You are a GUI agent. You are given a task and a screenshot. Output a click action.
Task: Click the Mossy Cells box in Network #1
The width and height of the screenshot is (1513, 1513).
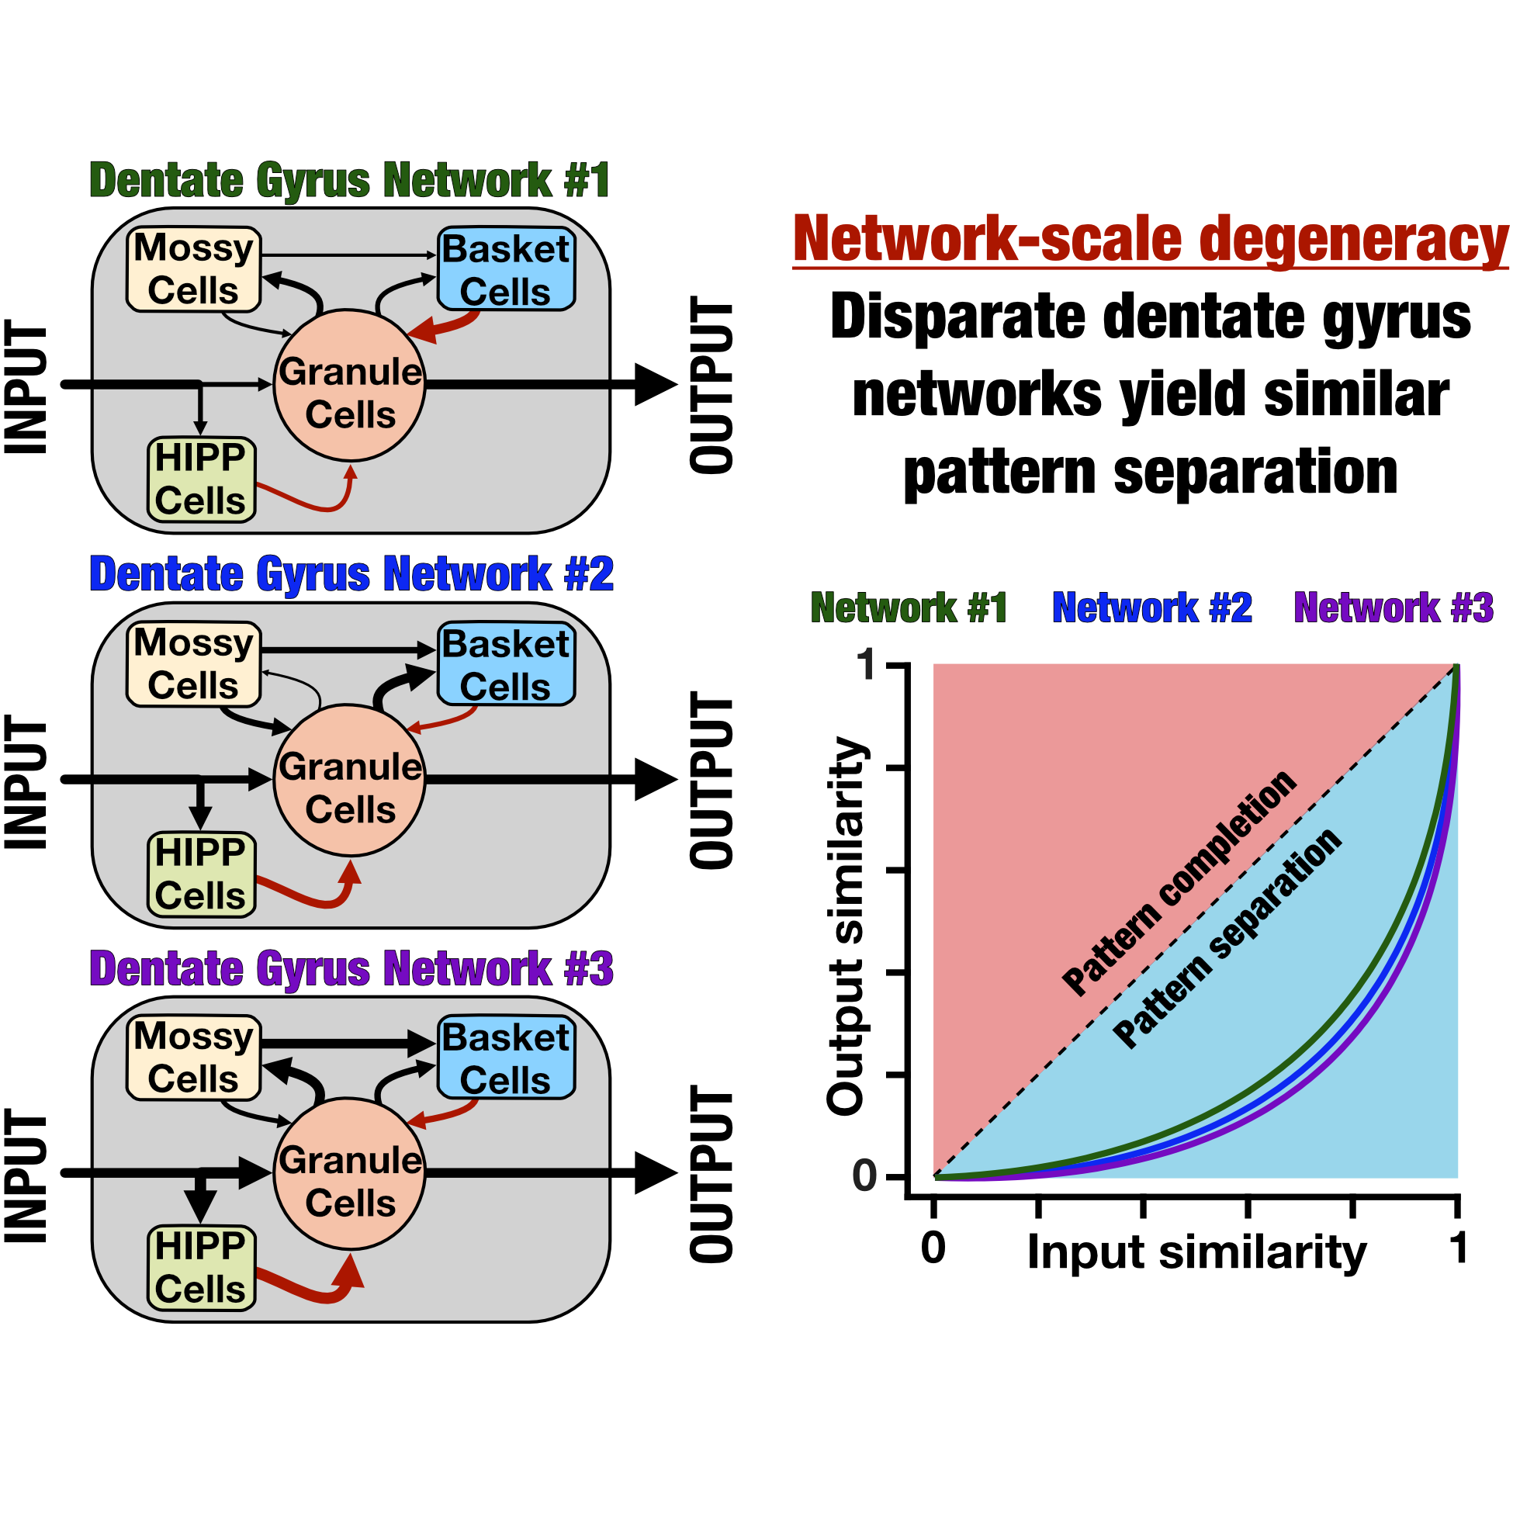[x=193, y=269]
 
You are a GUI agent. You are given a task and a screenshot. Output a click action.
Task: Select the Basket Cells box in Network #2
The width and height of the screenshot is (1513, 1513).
[x=506, y=665]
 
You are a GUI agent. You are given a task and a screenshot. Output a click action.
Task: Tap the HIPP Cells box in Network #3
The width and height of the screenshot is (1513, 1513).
[x=201, y=1268]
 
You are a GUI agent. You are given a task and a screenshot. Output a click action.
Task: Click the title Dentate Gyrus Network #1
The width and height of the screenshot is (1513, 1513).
[x=350, y=181]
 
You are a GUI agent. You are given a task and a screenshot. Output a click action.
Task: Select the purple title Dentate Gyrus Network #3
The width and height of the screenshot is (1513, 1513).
[x=351, y=969]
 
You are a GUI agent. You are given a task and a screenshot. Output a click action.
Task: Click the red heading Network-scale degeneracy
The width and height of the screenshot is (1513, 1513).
[x=1150, y=239]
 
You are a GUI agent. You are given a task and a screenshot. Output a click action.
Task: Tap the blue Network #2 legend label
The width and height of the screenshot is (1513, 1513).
[x=1152, y=608]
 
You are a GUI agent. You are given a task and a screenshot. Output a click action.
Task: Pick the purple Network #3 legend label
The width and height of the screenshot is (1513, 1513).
[x=1394, y=608]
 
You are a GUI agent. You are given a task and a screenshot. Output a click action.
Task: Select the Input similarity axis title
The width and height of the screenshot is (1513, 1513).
[x=1196, y=1252]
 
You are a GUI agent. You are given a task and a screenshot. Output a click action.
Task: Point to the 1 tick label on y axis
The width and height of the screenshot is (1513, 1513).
[x=866, y=666]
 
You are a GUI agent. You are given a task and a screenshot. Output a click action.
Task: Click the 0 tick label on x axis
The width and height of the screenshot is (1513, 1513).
[x=933, y=1248]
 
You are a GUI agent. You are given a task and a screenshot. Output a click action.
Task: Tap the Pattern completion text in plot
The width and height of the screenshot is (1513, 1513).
[x=1179, y=883]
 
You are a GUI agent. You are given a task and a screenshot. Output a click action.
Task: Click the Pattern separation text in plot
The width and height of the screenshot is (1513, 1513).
[x=1227, y=937]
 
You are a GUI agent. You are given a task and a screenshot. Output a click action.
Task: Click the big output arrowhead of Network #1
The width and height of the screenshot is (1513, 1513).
[x=654, y=385]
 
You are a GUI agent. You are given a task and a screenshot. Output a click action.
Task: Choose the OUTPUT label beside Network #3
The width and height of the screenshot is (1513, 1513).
[x=711, y=1174]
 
